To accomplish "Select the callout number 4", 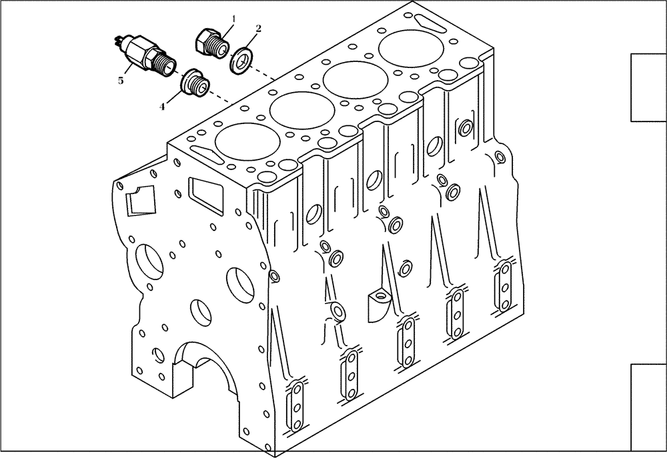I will point(161,105).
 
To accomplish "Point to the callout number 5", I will point(121,81).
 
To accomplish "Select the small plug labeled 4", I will point(197,83).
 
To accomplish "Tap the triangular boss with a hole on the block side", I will point(381,300).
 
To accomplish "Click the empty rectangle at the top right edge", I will point(648,87).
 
